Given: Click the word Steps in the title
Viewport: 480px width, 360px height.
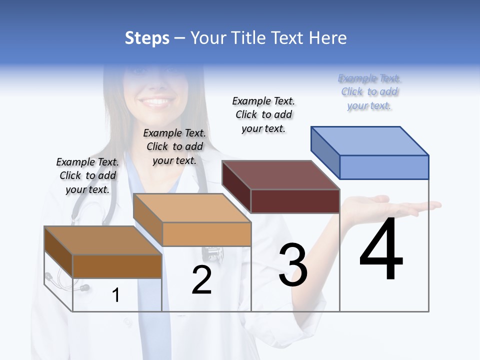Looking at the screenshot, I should click(x=147, y=38).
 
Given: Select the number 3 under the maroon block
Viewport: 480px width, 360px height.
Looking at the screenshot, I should click(x=293, y=265).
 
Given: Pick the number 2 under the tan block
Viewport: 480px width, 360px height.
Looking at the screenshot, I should click(x=201, y=279).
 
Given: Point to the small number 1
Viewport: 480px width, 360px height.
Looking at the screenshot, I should click(x=115, y=295).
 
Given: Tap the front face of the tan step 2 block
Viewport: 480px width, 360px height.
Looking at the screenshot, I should click(x=207, y=234).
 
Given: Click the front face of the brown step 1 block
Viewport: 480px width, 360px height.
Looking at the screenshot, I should click(x=117, y=266).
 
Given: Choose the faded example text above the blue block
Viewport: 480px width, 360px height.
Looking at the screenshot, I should click(x=369, y=92).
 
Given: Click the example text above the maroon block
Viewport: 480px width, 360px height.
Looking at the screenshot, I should click(x=263, y=114).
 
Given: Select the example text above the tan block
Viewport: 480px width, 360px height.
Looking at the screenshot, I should click(x=174, y=146).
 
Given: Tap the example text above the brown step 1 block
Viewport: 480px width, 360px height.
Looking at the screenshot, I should click(x=87, y=175).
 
